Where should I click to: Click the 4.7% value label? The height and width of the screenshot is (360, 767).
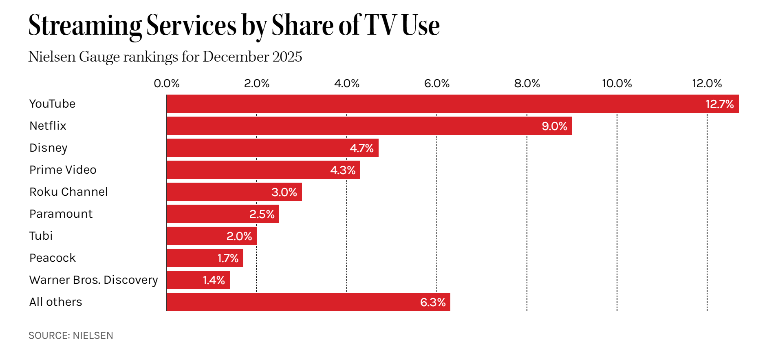click(361, 148)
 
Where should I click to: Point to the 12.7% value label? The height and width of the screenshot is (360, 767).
click(719, 104)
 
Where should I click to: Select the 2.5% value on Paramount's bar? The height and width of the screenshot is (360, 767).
click(262, 214)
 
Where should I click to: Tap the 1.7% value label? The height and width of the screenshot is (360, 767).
click(228, 258)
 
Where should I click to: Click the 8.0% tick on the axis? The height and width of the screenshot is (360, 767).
click(527, 84)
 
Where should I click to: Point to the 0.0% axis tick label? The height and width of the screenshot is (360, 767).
click(166, 84)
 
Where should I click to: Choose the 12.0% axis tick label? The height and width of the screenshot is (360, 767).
click(707, 84)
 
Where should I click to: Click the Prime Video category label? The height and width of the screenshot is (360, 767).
click(63, 170)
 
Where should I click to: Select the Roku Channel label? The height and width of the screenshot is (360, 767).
click(68, 192)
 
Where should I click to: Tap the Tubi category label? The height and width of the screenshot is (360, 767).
click(41, 236)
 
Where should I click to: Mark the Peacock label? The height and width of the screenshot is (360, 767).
click(53, 258)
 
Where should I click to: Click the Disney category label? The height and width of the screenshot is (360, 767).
click(48, 148)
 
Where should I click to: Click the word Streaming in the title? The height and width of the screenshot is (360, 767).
click(85, 25)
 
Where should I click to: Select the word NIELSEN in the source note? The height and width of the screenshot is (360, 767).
click(93, 336)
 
